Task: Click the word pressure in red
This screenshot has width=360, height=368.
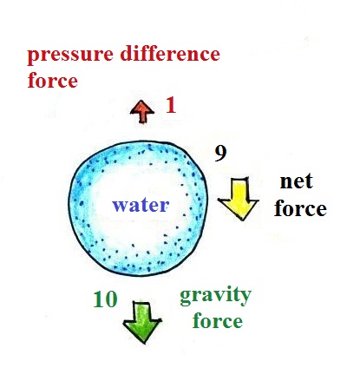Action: coord(70,56)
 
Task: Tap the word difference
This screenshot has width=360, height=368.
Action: coord(170,54)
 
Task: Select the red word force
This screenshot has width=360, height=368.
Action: coord(53,80)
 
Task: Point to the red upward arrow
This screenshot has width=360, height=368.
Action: coord(142,112)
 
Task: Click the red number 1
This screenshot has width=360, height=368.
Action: coord(171,105)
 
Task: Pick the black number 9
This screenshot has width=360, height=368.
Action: coord(220,154)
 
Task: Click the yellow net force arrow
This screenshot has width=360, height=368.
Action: coord(239,199)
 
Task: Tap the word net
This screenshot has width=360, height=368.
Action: coord(297,181)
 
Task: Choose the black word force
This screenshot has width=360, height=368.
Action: coord(300,208)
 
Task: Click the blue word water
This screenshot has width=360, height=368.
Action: coord(141,206)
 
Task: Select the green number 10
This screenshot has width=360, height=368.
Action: coord(105,299)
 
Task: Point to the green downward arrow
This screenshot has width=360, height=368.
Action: coord(142,322)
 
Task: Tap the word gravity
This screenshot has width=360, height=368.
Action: coord(216,296)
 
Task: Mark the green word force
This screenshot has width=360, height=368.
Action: coord(218,320)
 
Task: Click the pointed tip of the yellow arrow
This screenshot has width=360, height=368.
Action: coord(242,220)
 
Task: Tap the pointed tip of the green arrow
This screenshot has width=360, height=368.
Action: coord(143,343)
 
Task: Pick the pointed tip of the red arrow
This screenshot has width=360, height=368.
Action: coord(142,101)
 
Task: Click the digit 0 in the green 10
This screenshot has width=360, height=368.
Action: coord(111,299)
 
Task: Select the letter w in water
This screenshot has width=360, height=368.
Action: coord(121,206)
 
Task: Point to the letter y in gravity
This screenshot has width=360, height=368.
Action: coord(245,298)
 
